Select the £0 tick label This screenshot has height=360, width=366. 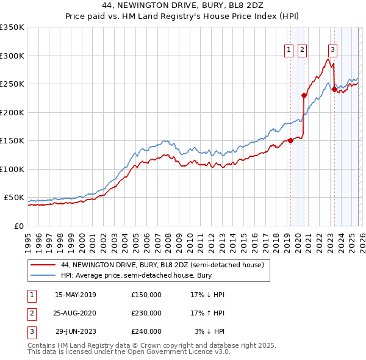click(18, 226)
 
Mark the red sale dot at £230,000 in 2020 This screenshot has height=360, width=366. click(304, 95)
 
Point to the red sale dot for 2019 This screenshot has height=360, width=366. click(290, 140)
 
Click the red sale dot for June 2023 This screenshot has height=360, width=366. click(334, 90)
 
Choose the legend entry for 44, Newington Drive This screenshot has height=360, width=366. click(162, 265)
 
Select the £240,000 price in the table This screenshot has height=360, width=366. click(146, 331)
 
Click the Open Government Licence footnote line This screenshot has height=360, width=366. click(129, 352)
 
